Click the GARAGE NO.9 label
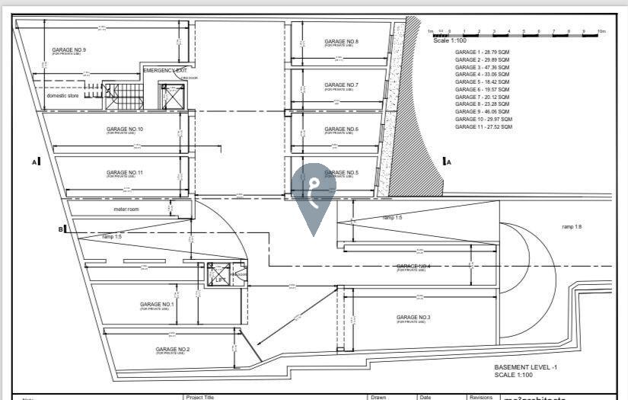(x=69, y=50)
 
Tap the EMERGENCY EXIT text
(x=164, y=70)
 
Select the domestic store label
(x=63, y=96)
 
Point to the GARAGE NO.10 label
(x=125, y=130)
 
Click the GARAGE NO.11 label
(x=125, y=173)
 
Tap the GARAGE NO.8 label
(x=341, y=42)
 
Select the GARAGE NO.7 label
(x=341, y=85)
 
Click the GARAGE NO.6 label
(x=341, y=130)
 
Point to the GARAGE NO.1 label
(x=157, y=305)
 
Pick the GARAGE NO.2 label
(x=173, y=349)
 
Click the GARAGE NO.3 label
(x=413, y=317)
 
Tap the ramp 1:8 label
(x=572, y=227)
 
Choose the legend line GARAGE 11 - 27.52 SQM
(x=483, y=126)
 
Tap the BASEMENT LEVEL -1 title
(x=526, y=367)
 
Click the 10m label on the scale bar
(x=601, y=31)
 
